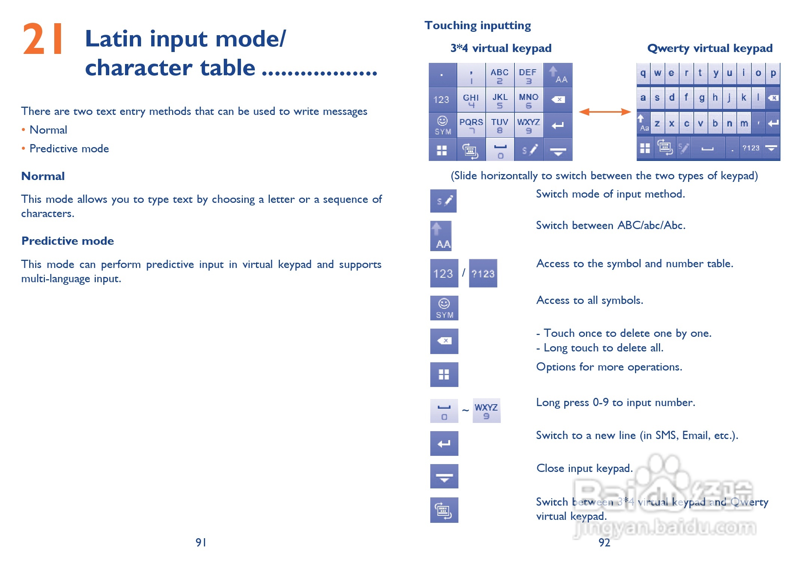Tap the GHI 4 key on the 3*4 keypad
[471, 100]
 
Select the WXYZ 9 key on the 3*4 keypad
[528, 125]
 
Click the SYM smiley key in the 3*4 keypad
[443, 125]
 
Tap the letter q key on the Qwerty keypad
[643, 73]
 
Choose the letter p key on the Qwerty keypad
[773, 73]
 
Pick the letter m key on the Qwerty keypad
[744, 123]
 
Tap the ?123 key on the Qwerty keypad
[751, 148]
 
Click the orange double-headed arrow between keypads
[605, 112]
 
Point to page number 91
[201, 542]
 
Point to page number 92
[604, 542]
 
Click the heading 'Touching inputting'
[478, 25]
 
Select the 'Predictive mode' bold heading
[68, 241]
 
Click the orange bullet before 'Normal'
[23, 130]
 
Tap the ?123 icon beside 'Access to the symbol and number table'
[483, 273]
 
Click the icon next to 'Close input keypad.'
[444, 476]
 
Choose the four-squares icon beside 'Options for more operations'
[444, 375]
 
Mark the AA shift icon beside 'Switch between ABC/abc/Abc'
[441, 236]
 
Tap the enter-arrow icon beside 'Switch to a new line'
[444, 444]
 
